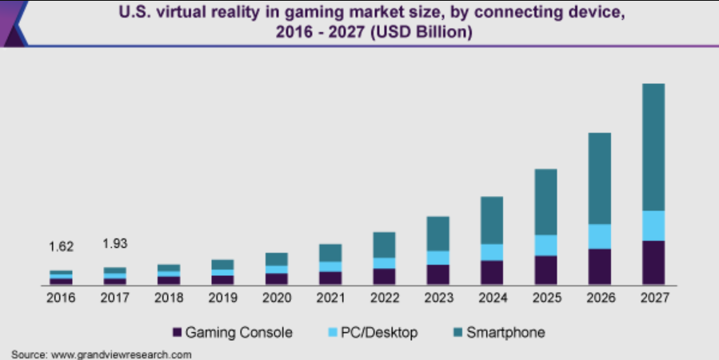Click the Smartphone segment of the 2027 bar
tap(653, 147)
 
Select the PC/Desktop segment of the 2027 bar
tap(653, 226)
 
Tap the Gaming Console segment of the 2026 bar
tap(599, 266)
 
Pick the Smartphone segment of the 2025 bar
tap(545, 202)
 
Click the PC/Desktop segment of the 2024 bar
tap(491, 252)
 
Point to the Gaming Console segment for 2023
tap(437, 274)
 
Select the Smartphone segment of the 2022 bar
tap(384, 245)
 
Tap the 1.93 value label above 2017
tap(116, 243)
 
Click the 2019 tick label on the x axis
tap(222, 298)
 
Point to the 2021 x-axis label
tap(330, 298)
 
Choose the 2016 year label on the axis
tap(61, 298)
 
